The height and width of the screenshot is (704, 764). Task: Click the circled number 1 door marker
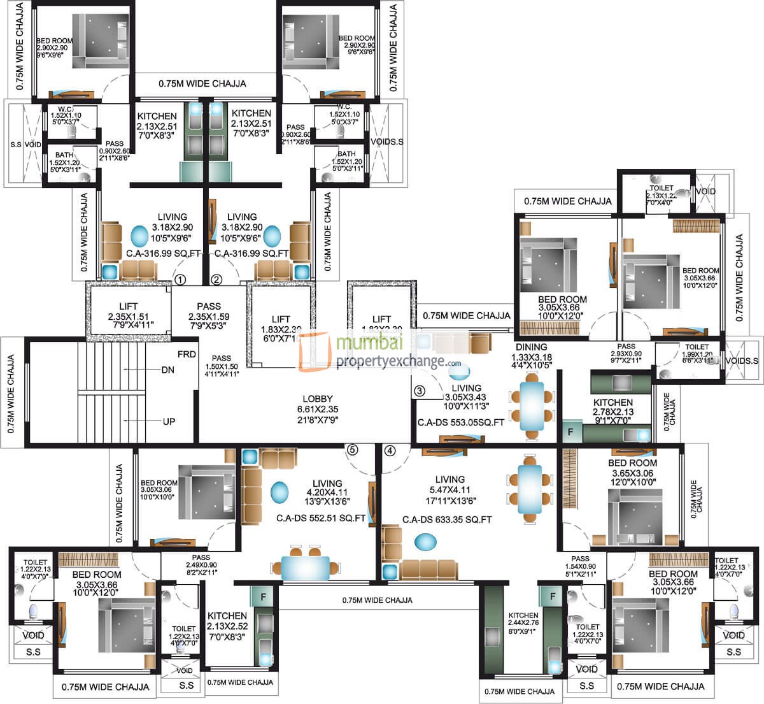(180, 279)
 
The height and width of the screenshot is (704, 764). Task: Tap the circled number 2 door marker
(216, 279)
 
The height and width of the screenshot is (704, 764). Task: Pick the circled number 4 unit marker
(390, 450)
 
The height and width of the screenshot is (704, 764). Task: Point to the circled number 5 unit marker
(352, 450)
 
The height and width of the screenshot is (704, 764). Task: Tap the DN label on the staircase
(168, 370)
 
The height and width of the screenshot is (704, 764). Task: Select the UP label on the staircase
(168, 421)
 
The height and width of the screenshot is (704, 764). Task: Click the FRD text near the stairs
(186, 353)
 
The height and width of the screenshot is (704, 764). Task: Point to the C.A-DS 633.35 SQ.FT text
(447, 520)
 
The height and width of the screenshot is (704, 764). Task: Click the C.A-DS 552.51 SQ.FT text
(320, 519)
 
